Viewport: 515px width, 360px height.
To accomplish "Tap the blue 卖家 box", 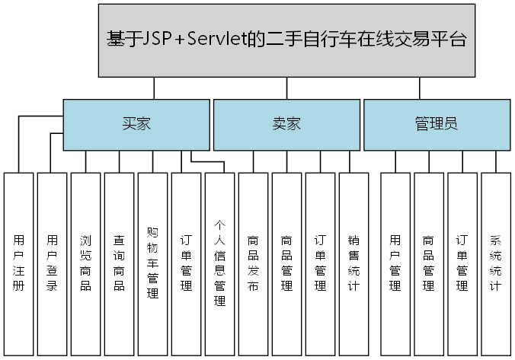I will (x=286, y=124).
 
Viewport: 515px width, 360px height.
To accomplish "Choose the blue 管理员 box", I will (x=436, y=124).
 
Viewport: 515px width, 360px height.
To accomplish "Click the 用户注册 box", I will (x=18, y=263).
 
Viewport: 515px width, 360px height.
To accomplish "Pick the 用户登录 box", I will (x=52, y=263).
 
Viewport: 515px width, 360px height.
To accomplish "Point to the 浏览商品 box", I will (x=85, y=263).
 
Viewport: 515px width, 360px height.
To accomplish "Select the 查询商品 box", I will (x=119, y=263).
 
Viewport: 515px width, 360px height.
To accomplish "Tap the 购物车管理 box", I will (x=152, y=263).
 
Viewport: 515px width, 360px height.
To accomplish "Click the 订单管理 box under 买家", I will (x=186, y=263).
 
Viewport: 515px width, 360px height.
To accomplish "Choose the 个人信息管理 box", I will (x=219, y=263).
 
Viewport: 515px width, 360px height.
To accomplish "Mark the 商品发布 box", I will (x=253, y=263).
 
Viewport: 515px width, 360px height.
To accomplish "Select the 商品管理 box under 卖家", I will (x=286, y=263).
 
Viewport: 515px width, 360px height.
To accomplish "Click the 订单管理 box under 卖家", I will (x=320, y=263).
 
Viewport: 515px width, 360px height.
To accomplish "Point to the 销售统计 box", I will (x=353, y=263).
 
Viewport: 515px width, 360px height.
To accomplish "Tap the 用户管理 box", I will (x=395, y=263).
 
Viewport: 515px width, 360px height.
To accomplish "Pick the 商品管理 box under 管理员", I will (x=428, y=263).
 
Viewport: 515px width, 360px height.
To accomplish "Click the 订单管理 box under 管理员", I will (x=462, y=263).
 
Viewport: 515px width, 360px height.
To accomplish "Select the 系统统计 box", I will (x=495, y=263).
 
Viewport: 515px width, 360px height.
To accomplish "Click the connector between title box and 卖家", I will (x=286, y=88).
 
